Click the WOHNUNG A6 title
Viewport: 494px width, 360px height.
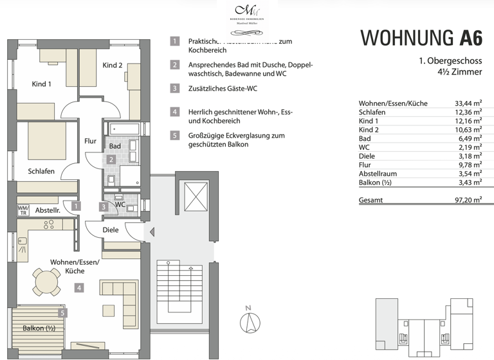coord(421,38)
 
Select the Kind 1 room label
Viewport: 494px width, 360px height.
coord(42,84)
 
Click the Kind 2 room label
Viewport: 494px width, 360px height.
coord(112,66)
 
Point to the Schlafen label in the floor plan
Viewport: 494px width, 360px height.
coord(41,171)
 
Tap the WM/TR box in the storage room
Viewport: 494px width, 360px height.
coord(23,210)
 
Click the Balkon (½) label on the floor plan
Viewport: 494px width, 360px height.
coord(37,328)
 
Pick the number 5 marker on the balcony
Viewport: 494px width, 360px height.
coord(62,313)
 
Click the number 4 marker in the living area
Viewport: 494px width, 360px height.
coord(78,288)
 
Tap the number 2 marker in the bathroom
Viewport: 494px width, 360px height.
coord(111,159)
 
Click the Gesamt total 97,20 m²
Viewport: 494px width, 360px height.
coord(468,200)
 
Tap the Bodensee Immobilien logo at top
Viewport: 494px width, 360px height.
coord(246,14)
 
